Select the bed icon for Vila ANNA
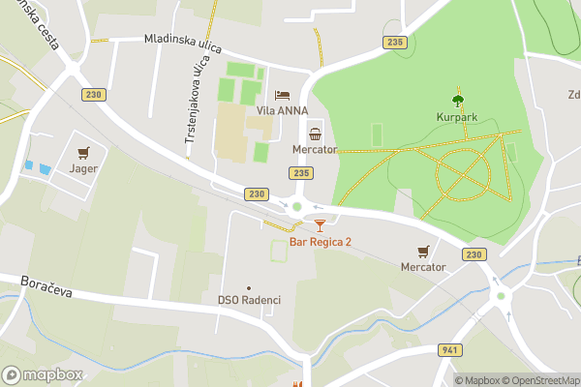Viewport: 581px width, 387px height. (282, 95)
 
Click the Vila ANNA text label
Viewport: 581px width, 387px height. (282, 110)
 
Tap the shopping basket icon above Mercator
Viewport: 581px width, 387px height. (315, 134)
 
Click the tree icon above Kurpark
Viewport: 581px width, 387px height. (458, 99)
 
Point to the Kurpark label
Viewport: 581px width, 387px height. (458, 117)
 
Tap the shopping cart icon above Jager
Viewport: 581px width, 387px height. (83, 151)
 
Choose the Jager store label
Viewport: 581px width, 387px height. (83, 167)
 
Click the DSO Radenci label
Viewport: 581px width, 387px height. (249, 300)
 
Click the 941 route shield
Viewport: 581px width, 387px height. (448, 349)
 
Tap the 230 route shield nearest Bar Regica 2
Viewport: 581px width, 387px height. (256, 194)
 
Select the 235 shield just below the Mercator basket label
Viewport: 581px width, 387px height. (300, 172)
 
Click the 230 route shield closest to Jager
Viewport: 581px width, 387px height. (93, 94)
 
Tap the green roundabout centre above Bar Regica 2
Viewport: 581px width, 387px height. (297, 206)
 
